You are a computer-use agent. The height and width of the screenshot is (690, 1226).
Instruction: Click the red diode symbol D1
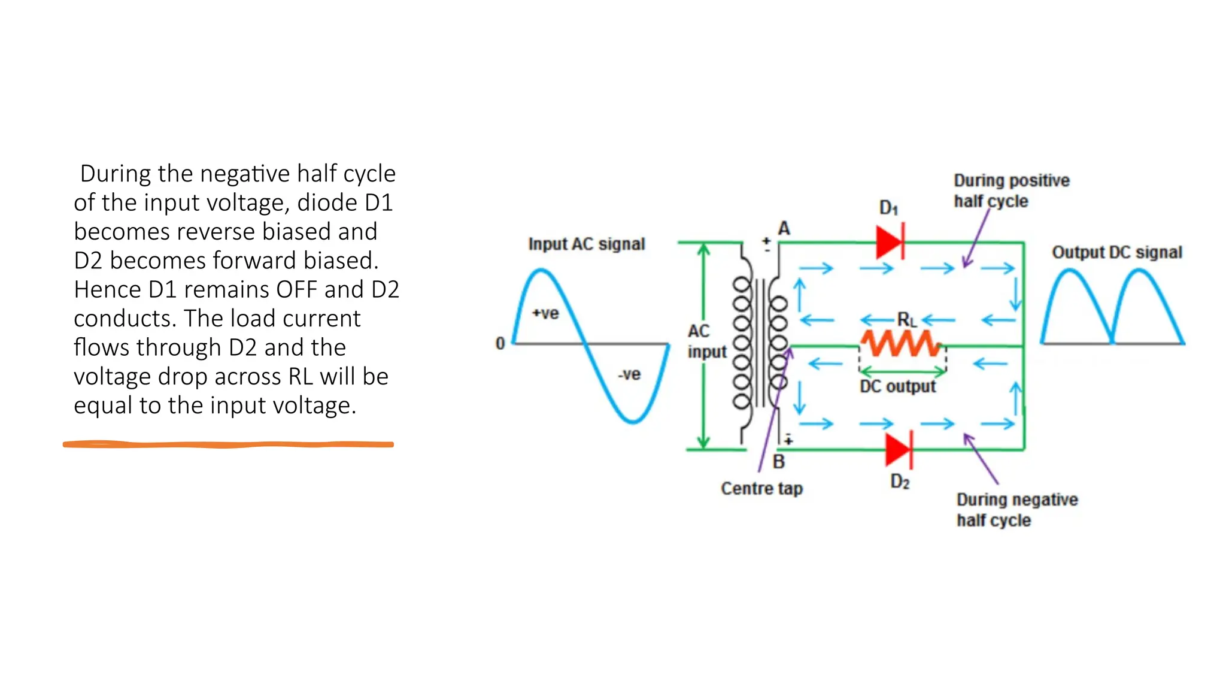point(890,242)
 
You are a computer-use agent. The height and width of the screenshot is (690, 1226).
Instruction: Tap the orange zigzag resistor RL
point(900,344)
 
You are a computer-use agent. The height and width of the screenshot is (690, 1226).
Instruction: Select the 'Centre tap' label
point(761,489)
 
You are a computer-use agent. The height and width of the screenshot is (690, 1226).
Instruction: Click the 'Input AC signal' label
point(586,244)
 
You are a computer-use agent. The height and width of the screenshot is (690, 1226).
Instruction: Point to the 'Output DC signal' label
point(1116,252)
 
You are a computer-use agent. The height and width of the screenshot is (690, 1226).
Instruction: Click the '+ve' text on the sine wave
point(545,313)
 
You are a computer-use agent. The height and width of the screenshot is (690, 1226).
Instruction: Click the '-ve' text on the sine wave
point(629,374)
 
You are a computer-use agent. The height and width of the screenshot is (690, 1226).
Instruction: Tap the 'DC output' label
point(897,387)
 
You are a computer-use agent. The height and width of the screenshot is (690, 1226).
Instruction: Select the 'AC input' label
point(706,341)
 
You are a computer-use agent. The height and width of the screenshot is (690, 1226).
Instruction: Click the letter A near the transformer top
point(784,228)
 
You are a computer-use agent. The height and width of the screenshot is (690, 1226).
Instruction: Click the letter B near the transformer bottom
point(778,462)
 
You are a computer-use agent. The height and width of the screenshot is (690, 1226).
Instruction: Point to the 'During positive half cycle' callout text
point(1011,190)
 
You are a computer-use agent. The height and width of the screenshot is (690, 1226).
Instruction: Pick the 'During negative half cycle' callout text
point(1016,510)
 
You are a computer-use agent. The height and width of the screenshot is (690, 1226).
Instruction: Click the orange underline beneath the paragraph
point(228,444)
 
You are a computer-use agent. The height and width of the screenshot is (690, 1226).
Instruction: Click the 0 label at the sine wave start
point(500,344)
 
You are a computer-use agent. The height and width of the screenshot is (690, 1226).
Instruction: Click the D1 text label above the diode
point(888,208)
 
